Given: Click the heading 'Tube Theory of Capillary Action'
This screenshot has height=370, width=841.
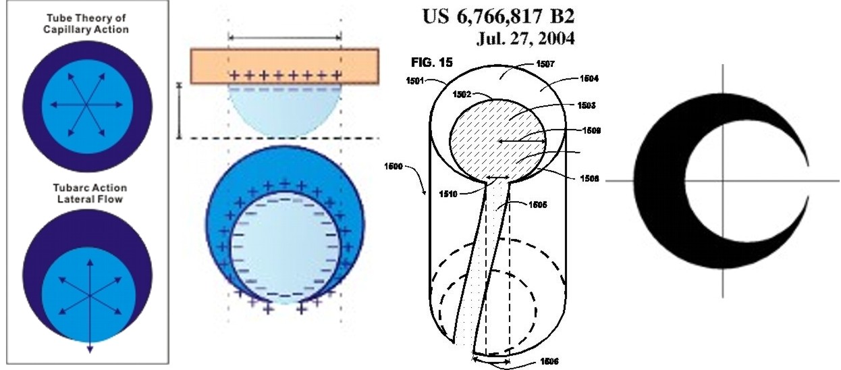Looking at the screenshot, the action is pos(86,24).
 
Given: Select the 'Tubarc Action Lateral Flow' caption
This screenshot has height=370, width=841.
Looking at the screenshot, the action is pos(90,193).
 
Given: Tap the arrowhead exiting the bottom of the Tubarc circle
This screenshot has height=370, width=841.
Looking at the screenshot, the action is pos(90,349).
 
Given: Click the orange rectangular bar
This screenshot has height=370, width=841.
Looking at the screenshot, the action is pos(285,65).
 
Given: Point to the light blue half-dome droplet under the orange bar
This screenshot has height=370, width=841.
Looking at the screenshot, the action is pos(285,111).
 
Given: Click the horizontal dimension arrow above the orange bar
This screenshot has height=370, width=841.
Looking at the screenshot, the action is pos(285,37).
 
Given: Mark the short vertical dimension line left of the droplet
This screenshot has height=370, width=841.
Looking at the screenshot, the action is pos(179,111).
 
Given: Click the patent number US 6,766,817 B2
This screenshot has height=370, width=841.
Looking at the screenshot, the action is pos(498,16).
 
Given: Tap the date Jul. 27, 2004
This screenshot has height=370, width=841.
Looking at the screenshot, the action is pos(525,38).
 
